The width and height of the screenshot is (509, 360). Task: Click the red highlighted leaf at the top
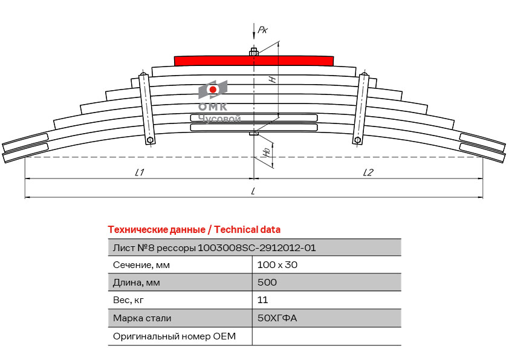point(254,61)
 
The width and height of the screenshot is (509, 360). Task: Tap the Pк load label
point(262,30)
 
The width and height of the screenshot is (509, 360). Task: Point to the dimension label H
point(273,79)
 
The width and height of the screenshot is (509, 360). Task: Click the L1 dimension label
point(139,172)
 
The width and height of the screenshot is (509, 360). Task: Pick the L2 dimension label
point(368,172)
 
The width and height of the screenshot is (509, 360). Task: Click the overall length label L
point(253,192)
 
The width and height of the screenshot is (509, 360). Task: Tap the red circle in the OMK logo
point(213,90)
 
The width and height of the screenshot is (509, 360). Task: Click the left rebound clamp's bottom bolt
point(151,140)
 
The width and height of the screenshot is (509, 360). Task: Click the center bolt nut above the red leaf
point(254,52)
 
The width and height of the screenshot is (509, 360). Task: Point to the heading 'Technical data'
point(247,230)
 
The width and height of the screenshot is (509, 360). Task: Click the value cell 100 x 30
point(277,265)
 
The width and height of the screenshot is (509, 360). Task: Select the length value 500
point(267,283)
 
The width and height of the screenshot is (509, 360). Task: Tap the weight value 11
point(262,300)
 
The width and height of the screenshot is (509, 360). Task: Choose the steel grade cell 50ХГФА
point(277,318)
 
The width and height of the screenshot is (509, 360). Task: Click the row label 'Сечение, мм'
point(141,265)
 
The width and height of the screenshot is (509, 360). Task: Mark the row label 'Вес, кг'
point(129,300)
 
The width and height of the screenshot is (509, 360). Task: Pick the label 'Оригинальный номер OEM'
point(174,336)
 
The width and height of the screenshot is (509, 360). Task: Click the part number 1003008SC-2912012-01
point(257,247)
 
